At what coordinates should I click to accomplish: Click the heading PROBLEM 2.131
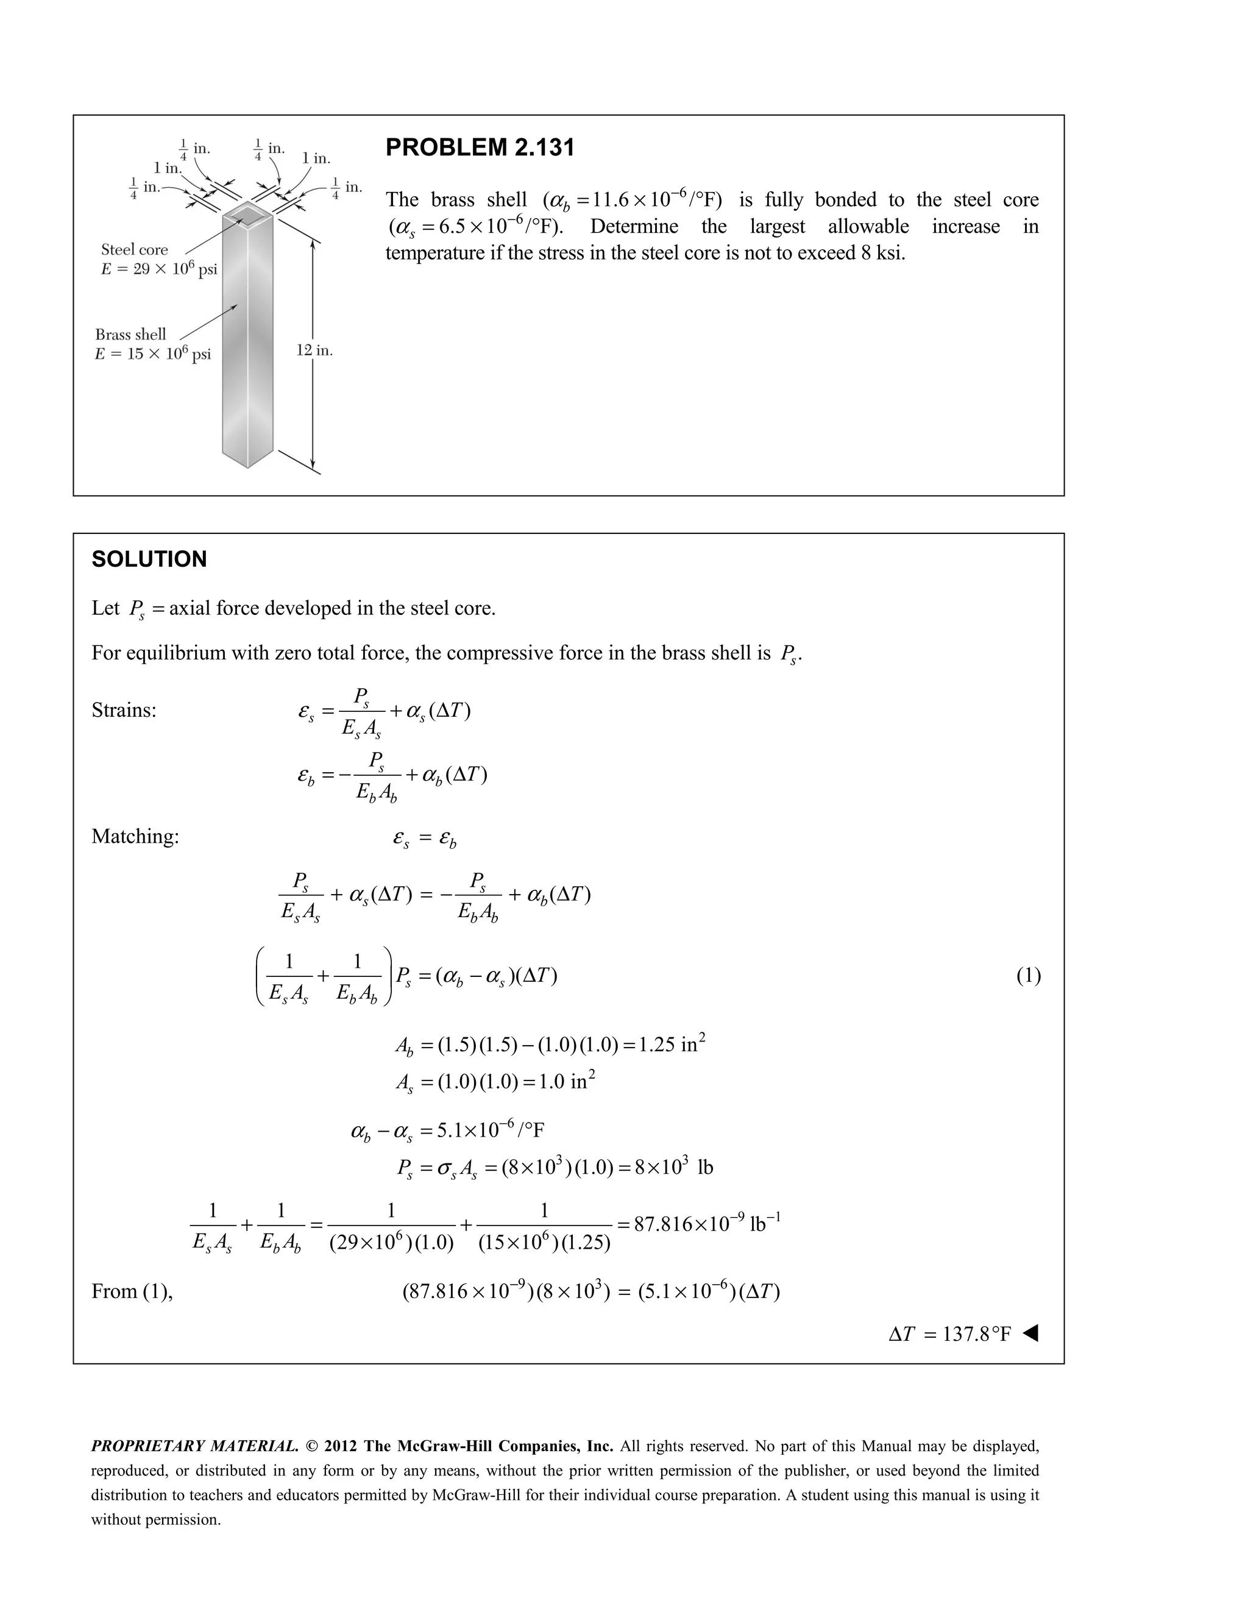(x=479, y=148)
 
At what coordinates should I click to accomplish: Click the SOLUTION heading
(x=149, y=559)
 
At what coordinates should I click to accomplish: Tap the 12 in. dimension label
(x=314, y=350)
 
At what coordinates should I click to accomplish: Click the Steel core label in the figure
(x=135, y=250)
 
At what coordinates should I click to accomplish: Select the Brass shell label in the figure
(x=131, y=334)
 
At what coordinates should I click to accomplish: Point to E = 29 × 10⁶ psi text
(x=159, y=269)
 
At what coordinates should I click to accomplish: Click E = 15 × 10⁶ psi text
(x=153, y=354)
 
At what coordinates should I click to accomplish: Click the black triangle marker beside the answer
(x=1030, y=1333)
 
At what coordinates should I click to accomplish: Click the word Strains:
(x=124, y=711)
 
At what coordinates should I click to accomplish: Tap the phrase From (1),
(x=132, y=1291)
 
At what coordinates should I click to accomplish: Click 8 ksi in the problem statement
(x=882, y=254)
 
